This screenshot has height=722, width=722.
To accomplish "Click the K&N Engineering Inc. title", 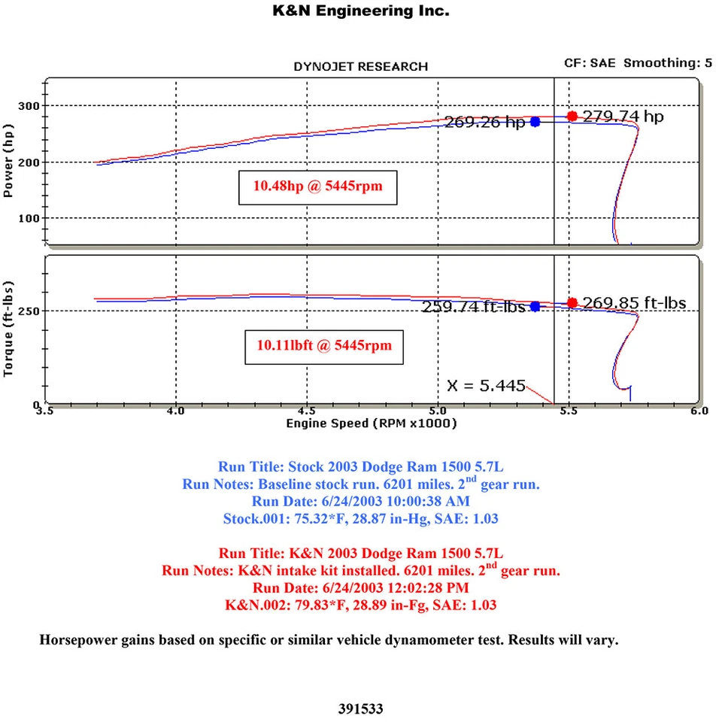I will [360, 11].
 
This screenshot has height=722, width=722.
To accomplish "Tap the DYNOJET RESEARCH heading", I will [360, 67].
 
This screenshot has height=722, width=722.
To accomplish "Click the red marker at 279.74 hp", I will [572, 116].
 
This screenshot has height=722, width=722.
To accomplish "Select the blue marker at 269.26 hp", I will [535, 122].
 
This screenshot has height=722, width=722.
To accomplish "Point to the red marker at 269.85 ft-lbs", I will [572, 302].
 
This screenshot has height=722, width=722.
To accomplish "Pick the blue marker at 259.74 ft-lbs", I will [535, 306].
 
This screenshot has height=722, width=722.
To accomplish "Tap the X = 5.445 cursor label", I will [485, 385].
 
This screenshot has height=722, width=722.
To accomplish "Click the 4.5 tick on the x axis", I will [307, 412].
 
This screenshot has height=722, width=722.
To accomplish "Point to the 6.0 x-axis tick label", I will [699, 412].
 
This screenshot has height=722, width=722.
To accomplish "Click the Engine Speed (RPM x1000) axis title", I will [372, 423].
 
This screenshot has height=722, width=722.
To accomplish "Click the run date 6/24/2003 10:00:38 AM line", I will [361, 501].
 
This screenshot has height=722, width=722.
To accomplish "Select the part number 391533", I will [361, 708].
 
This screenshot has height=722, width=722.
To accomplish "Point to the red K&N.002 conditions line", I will [361, 604].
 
